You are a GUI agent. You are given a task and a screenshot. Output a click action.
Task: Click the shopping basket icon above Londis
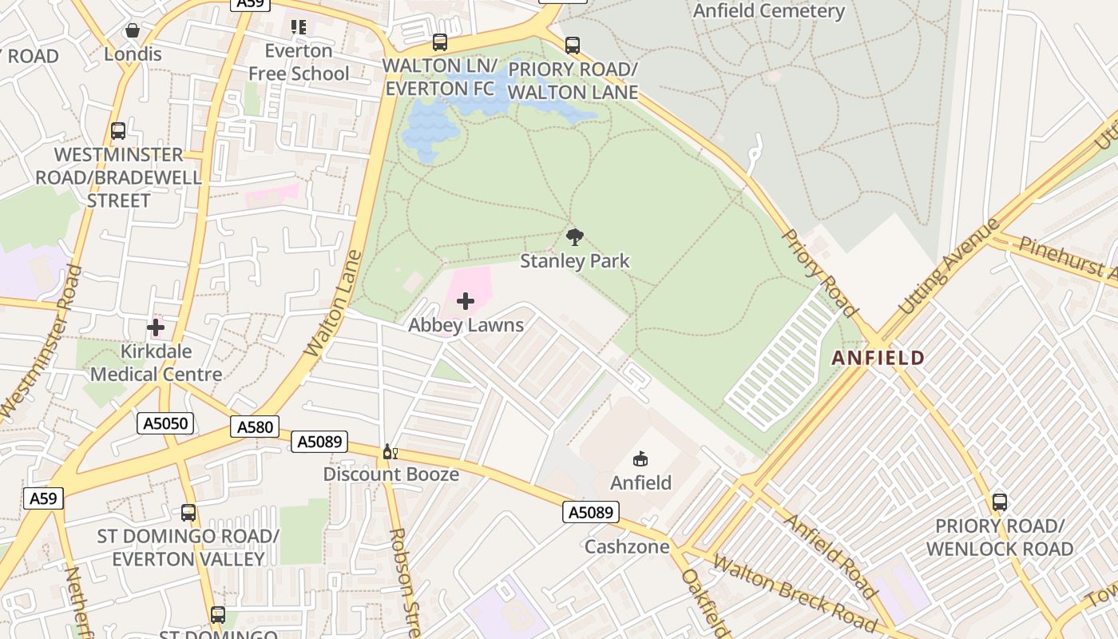pos(133,30)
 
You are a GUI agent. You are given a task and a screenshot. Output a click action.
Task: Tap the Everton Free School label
pos(299,62)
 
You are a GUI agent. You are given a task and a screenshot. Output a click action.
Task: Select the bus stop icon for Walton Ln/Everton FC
pos(439,42)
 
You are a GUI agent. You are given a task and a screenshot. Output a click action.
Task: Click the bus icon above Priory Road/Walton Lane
pos(572,46)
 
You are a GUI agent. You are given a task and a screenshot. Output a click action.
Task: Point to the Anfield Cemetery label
pos(768,11)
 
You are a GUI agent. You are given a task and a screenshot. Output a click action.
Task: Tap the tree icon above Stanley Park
pos(574,236)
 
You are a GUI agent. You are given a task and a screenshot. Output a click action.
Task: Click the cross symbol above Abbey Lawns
pos(466,301)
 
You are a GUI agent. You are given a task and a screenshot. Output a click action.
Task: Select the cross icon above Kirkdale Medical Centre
pos(156,327)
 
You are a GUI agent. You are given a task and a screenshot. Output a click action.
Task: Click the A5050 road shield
pos(165,423)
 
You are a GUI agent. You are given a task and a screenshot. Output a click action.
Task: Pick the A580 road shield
pos(256,427)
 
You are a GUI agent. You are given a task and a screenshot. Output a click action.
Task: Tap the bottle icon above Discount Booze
pos(390,452)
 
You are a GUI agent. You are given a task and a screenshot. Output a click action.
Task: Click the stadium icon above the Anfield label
pos(640,459)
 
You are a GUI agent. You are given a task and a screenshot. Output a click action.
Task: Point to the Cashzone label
pos(627,547)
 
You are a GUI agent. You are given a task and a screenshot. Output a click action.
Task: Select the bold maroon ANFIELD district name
pos(878,358)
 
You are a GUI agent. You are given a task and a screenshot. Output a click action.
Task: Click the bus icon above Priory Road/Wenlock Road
pos(999,502)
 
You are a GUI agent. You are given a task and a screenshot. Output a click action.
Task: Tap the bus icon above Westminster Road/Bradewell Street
pos(118,131)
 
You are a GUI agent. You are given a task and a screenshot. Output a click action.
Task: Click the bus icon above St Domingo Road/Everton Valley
pos(188,513)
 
